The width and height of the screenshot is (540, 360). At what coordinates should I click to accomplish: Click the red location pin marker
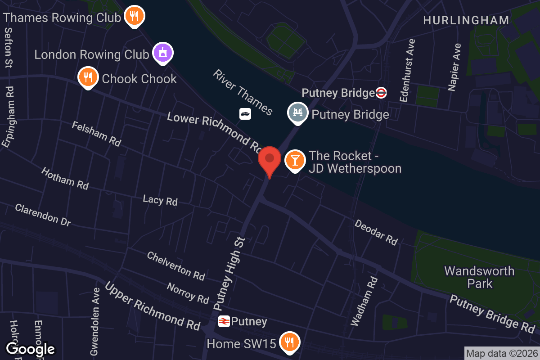270,160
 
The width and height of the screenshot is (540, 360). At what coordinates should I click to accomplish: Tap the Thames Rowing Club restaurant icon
134,17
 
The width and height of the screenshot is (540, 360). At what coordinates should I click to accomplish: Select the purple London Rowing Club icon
162,53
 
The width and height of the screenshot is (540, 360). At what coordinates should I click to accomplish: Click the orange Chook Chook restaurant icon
88,77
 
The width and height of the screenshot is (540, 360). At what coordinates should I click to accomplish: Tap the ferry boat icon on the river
245,114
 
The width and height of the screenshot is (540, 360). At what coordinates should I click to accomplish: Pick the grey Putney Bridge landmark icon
297,113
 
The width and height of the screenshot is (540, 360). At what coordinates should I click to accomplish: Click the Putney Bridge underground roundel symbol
381,93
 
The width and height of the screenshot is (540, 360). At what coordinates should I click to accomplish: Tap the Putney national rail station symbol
224,321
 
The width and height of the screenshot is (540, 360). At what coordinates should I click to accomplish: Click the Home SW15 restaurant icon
290,343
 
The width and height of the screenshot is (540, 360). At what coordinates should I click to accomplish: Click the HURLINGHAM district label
466,20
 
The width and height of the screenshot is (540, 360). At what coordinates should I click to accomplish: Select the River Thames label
243,92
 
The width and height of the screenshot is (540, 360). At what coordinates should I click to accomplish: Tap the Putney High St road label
229,274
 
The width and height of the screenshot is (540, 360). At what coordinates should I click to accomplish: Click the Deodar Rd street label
376,232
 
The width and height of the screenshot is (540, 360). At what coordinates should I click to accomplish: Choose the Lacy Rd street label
160,200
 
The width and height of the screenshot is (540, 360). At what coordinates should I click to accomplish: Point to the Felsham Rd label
96,134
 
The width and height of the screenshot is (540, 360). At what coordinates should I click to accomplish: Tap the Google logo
31,349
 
